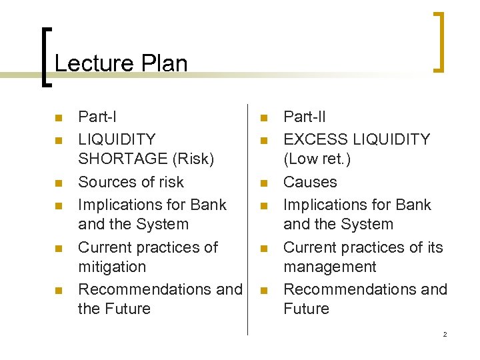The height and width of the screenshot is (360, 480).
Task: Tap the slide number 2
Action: pyautogui.click(x=445, y=335)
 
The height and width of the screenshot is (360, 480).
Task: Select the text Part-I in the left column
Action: pyautogui.click(x=97, y=117)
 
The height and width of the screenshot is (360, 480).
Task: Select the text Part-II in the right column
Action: pyautogui.click(x=305, y=117)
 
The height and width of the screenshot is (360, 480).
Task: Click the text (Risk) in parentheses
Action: pyautogui.click(x=193, y=159)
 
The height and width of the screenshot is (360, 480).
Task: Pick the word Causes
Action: pyautogui.click(x=310, y=182)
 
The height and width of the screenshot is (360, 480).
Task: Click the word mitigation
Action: pyautogui.click(x=112, y=267)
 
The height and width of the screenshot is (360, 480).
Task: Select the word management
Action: pyautogui.click(x=330, y=267)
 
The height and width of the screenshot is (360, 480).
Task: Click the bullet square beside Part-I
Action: pyautogui.click(x=58, y=119)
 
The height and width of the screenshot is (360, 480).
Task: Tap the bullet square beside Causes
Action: pyautogui.click(x=263, y=183)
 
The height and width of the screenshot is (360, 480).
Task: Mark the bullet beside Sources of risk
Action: pyautogui.click(x=58, y=183)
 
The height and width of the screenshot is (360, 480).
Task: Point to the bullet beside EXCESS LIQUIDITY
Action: pyautogui.click(x=263, y=141)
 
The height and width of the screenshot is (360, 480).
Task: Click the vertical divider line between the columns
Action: pyautogui.click(x=248, y=220)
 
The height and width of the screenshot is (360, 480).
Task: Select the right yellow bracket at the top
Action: pyautogui.click(x=439, y=41)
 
